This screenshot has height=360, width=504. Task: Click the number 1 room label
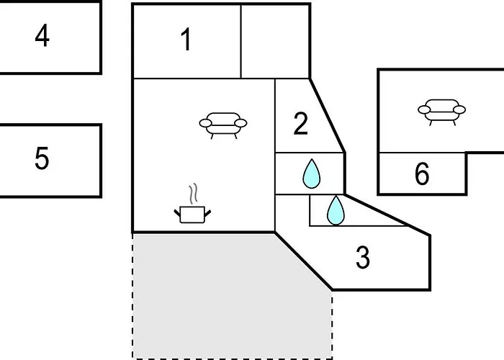point(186,40)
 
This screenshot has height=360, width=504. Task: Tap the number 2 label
point(301,124)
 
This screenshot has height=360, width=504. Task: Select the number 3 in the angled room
point(363,257)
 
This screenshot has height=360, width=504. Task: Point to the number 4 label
point(42,35)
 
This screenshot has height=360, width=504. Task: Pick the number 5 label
point(42,158)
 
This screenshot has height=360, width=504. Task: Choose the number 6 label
point(422,174)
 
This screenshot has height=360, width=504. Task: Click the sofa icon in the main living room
point(223,124)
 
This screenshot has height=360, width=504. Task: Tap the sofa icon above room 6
point(441,111)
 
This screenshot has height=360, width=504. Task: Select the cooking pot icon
point(192,214)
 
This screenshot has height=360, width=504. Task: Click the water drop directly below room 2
point(310,174)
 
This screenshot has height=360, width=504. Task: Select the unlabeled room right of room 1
point(274,40)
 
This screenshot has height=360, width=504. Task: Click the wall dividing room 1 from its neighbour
point(240,40)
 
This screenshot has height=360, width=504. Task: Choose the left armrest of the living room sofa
point(205,124)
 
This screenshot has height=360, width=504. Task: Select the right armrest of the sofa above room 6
point(459,110)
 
